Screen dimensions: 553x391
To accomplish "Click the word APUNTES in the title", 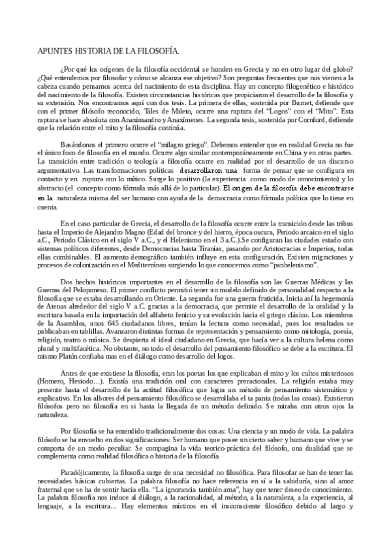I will click(x=50, y=50).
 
